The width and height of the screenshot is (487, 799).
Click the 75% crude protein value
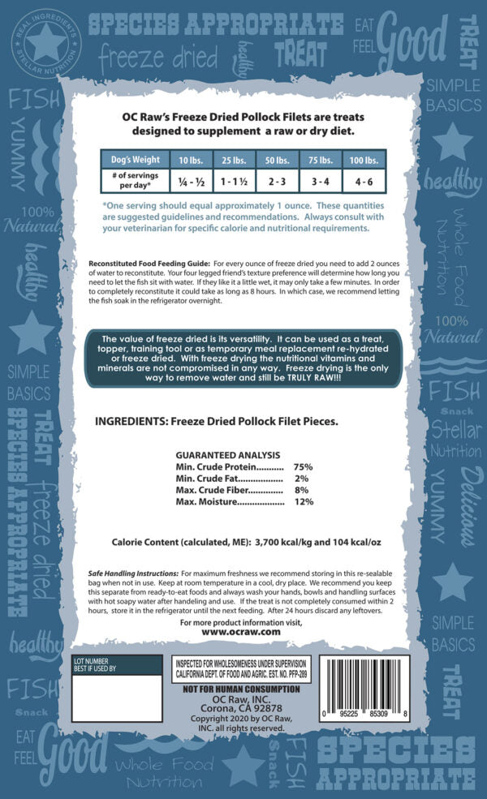click(x=304, y=467)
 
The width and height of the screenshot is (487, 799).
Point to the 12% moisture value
click(x=304, y=502)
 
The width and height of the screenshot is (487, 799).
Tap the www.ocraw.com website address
click(x=240, y=630)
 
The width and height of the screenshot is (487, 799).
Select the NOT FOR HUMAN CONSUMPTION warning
click(x=240, y=689)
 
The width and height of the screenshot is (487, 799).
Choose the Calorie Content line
click(x=240, y=542)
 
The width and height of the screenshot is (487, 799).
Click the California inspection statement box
click(x=241, y=668)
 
